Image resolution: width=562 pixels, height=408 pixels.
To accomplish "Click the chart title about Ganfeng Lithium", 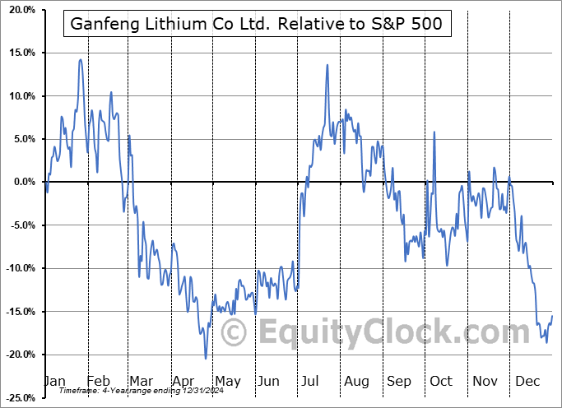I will [257, 24].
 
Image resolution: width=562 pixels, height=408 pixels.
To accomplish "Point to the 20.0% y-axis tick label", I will [19, 10].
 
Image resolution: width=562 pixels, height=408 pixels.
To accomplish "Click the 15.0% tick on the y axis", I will [19, 53].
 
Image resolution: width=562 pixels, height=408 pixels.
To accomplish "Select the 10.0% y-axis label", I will [19, 96].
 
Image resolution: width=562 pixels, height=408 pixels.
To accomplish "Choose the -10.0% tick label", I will [17, 267].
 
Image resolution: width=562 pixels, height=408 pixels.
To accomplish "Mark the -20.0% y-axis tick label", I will [17, 354].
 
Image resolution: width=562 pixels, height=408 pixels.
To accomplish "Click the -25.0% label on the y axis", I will [17, 396].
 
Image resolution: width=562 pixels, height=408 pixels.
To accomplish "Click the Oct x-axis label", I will [441, 381].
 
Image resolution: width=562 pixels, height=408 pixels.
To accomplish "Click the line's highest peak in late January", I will [80, 59].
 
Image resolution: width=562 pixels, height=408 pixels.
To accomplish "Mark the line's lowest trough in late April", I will [206, 358].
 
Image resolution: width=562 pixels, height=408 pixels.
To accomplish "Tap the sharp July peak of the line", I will [327, 65].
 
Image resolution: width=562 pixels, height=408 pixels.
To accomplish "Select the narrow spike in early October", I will [434, 132].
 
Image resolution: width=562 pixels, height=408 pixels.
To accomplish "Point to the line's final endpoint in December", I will [552, 316].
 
